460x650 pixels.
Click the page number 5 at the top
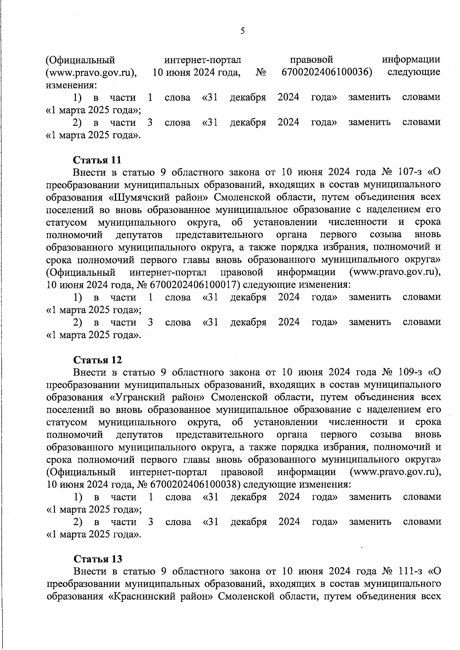point(242,31)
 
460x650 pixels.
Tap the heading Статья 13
point(97,559)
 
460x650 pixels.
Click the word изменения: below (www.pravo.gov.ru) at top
point(71,85)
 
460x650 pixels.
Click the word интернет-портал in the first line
point(202,60)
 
